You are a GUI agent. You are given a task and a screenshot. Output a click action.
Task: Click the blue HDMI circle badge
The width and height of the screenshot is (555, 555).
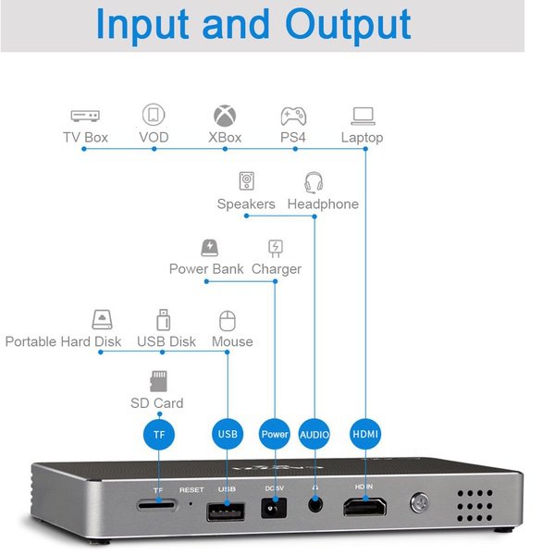point(365,433)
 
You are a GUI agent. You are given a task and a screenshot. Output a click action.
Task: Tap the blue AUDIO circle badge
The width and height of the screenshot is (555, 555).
point(314,433)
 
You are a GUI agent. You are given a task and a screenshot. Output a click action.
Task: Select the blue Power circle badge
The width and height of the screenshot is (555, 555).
point(275,433)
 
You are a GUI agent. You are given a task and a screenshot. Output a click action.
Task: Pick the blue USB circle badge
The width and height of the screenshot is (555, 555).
point(228,433)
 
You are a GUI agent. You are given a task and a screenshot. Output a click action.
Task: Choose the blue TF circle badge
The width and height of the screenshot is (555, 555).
point(158,433)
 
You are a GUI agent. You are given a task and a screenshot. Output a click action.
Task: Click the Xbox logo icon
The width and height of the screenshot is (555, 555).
point(225,116)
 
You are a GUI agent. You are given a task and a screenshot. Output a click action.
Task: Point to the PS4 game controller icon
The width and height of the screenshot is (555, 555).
point(293,116)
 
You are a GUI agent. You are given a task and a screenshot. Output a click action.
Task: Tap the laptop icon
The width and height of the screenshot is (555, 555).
point(363,116)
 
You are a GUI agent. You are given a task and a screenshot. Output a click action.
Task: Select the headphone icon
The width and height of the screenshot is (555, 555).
point(314,181)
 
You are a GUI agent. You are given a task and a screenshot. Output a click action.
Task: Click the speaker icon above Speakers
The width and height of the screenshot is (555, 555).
point(247,181)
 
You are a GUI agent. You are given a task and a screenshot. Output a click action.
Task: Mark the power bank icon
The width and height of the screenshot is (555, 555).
point(209,247)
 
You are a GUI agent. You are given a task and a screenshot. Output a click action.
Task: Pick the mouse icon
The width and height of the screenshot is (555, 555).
point(228,320)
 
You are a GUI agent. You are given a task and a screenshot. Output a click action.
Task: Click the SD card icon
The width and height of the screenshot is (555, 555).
point(157,380)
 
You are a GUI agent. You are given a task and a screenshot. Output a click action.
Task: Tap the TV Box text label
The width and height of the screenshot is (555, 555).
point(85,138)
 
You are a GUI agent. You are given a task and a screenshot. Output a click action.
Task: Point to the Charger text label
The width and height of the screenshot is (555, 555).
point(277,269)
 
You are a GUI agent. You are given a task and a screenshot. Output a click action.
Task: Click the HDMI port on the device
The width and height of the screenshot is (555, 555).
point(365,507)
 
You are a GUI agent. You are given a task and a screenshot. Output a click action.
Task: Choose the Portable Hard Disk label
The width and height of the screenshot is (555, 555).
point(63,341)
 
